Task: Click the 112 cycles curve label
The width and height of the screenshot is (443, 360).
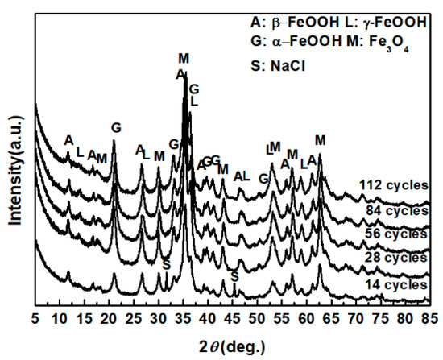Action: point(393,184)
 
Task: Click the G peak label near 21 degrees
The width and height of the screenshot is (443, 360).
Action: point(116,127)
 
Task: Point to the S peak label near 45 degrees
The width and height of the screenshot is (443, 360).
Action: point(234,275)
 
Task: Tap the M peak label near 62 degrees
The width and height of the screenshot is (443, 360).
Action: point(321,140)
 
